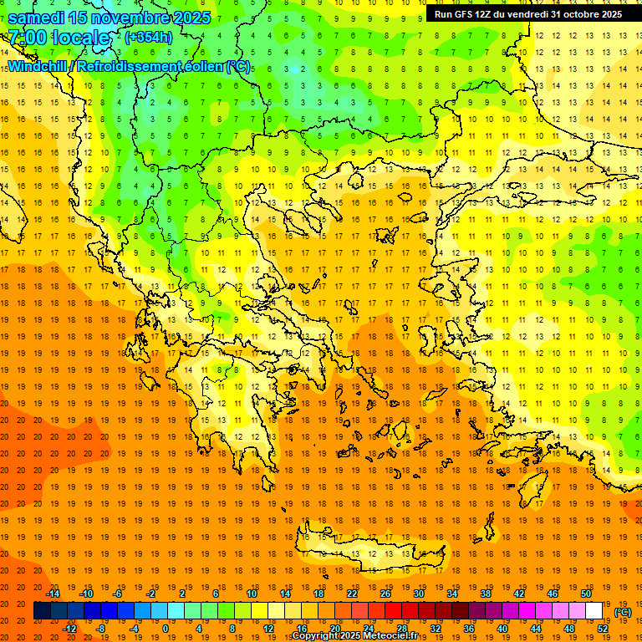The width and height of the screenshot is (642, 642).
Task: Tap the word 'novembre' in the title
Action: tap(130, 17)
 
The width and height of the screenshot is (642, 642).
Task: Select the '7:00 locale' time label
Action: tap(59, 38)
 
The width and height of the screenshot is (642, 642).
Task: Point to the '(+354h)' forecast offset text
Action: tap(149, 38)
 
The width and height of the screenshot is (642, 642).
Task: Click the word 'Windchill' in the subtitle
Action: tap(38, 66)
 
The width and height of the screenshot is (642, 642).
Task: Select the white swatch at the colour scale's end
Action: tap(594, 611)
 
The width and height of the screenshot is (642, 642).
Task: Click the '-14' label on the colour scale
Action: tap(53, 594)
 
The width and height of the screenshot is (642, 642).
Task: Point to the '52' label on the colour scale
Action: tap(603, 629)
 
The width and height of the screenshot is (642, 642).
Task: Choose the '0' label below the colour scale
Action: tap(165, 629)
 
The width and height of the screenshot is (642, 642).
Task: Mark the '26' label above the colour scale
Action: tap(385, 594)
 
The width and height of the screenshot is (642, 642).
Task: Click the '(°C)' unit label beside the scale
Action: tap(623, 612)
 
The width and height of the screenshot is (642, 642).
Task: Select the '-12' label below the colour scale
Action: tap(69, 629)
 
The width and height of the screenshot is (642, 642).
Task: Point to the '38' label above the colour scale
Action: tap(486, 594)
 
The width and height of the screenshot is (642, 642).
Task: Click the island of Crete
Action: tap(376, 554)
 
